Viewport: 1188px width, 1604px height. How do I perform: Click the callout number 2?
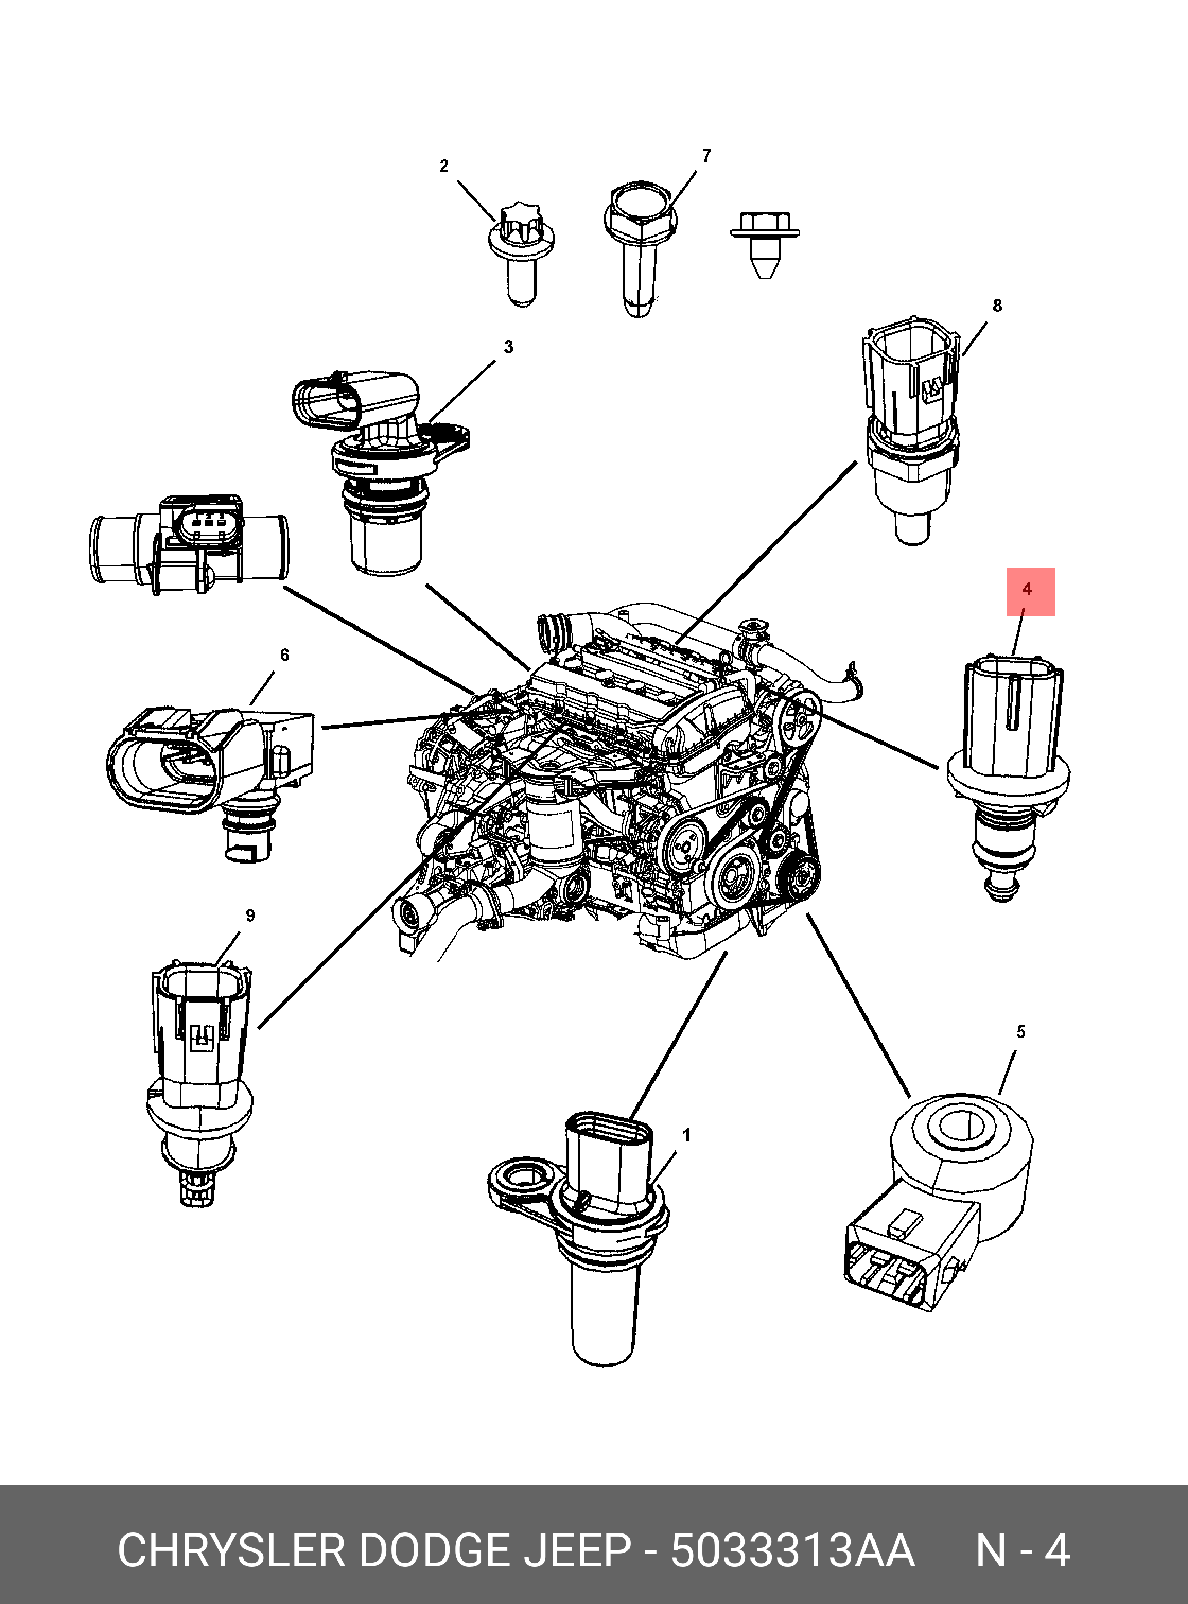[x=444, y=166]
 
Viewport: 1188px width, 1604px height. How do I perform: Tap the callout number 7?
[x=706, y=155]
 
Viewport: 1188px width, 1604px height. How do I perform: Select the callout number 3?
[x=509, y=347]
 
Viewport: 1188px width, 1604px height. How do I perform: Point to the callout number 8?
[x=997, y=306]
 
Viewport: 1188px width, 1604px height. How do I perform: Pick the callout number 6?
[x=284, y=655]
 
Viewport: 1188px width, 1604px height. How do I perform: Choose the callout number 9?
[x=250, y=916]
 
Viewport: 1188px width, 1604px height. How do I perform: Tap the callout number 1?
[x=686, y=1136]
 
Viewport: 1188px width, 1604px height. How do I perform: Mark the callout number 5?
[x=1020, y=1032]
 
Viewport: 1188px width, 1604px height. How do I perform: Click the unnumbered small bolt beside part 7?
[x=764, y=245]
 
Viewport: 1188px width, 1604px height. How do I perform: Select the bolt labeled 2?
[x=521, y=255]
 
